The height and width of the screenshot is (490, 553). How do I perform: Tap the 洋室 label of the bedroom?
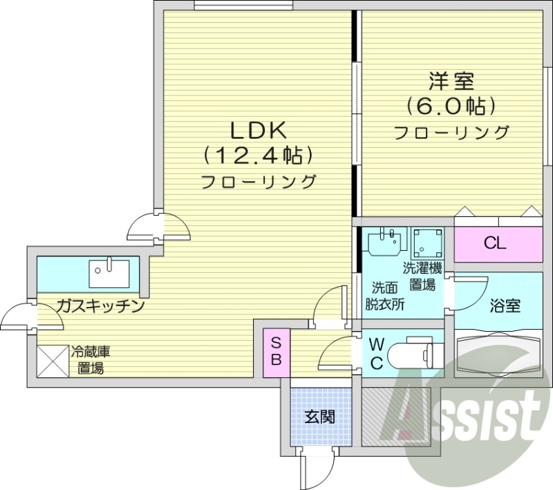click(451, 81)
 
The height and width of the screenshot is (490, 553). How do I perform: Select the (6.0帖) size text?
click(451, 106)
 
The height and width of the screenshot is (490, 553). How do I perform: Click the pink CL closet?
click(496, 243)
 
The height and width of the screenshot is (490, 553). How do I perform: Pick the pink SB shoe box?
click(276, 352)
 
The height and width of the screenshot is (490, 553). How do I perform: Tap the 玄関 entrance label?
click(320, 417)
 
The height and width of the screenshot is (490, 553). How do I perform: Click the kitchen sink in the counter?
click(109, 272)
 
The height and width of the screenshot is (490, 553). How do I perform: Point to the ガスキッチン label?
click(100, 305)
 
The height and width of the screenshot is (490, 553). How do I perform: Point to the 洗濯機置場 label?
click(422, 276)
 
